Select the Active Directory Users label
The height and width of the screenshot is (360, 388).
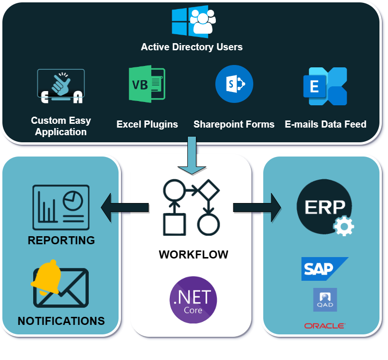point(192,47)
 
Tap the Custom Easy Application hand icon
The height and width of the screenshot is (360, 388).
point(61,86)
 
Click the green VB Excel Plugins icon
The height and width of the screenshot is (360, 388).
point(147,84)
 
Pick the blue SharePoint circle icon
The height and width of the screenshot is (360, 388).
point(234,84)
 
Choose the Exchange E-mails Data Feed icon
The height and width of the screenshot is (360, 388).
point(325,86)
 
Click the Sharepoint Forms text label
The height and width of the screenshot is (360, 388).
point(234,124)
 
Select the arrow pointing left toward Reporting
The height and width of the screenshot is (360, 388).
point(125,207)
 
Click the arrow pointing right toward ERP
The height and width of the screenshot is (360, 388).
point(257,207)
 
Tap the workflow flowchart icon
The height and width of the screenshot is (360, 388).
point(191,207)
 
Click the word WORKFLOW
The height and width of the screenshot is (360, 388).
point(193,254)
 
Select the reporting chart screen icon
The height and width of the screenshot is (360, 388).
point(61,207)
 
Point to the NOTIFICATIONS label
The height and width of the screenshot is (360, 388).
point(61,321)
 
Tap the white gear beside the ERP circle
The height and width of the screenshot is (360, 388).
point(343,226)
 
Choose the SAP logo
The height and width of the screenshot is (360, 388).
point(324,268)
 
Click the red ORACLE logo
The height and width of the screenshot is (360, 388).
point(325,326)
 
